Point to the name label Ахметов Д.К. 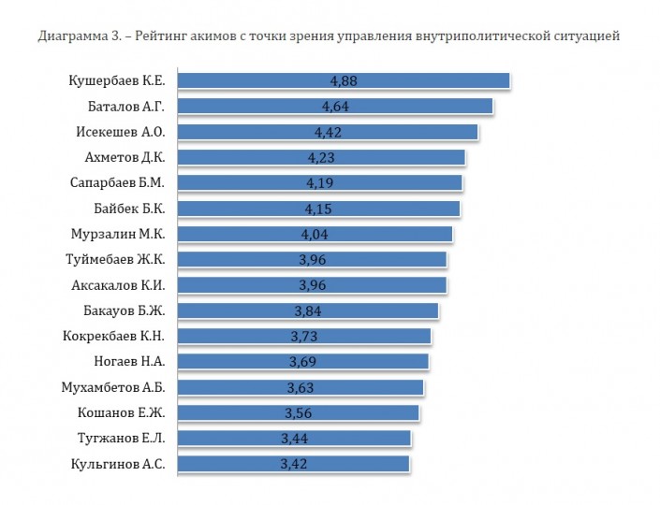[120, 157]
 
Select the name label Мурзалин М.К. [118, 234]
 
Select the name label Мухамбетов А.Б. [113, 386]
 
